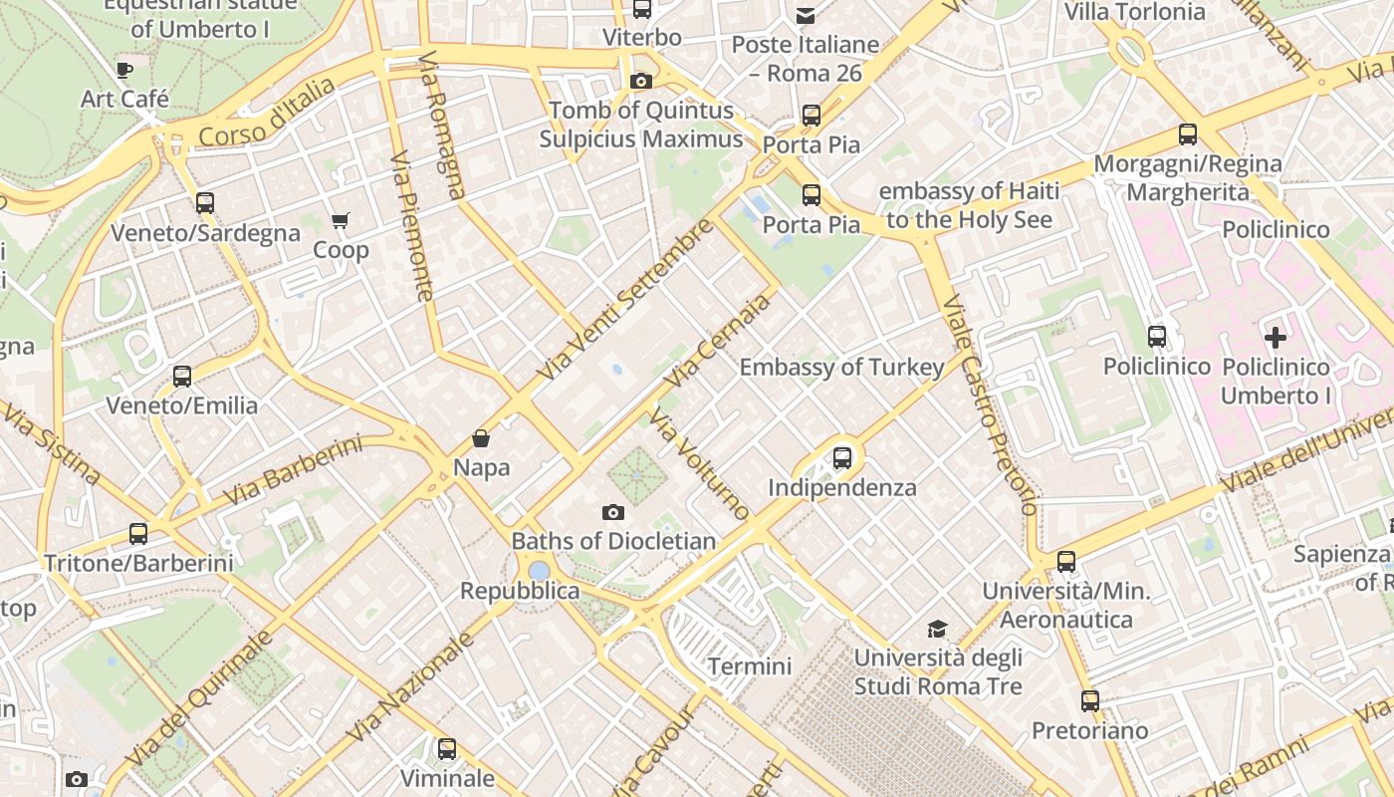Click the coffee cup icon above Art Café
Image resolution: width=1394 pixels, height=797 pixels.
123,70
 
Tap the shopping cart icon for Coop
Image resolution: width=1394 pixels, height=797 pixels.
341,220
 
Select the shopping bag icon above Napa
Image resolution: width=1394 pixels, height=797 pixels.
481,438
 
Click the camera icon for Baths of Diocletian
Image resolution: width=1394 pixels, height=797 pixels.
613,513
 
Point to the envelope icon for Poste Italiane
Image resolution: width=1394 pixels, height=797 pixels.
805,16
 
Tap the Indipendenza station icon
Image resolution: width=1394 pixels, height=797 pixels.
842,458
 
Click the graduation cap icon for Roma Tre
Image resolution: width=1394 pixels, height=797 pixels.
937,629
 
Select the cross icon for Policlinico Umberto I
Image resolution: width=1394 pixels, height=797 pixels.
1275,338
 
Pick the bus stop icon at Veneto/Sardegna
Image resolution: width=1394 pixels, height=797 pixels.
205,203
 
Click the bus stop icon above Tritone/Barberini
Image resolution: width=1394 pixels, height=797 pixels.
138,534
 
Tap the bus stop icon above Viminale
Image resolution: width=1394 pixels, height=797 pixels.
447,749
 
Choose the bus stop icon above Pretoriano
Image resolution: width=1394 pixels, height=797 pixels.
1090,701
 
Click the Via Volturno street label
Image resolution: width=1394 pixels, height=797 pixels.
700,462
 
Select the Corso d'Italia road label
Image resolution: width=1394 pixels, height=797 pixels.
267,113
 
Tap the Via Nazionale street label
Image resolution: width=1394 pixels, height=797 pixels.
411,687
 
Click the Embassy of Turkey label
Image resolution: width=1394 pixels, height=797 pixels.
841,367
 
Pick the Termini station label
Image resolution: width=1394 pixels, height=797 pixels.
750,665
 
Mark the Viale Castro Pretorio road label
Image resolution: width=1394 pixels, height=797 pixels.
989,403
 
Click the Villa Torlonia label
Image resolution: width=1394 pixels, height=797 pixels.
1135,12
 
